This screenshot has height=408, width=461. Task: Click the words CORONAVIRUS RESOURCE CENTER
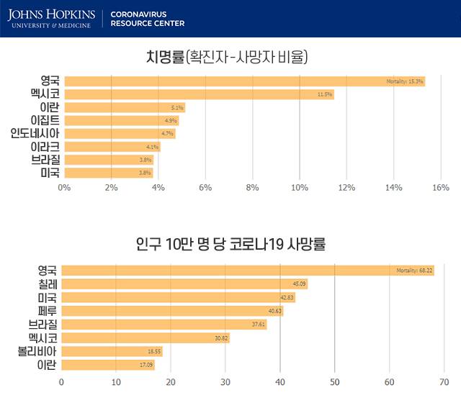pyautogui.click(x=147, y=18)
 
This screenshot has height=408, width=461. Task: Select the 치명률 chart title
pyautogui.click(x=226, y=57)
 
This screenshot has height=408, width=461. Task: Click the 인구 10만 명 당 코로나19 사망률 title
pyautogui.click(x=230, y=244)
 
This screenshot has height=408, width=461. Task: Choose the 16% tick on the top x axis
pyautogui.click(x=439, y=188)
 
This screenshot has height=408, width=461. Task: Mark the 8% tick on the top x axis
pyautogui.click(x=252, y=188)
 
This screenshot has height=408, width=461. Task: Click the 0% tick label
pyautogui.click(x=64, y=188)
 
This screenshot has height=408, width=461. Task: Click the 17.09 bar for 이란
pyautogui.click(x=108, y=365)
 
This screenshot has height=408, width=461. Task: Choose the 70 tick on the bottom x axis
pyautogui.click(x=444, y=381)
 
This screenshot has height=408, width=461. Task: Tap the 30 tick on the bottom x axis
pyautogui.click(x=225, y=381)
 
